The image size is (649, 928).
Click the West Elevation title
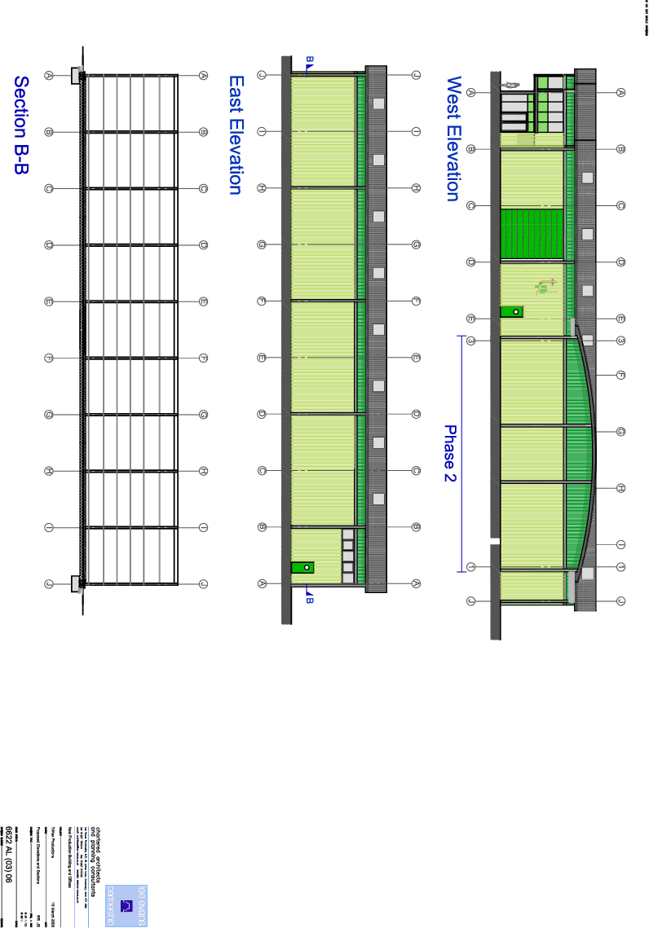coord(454,139)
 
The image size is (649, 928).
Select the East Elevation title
coord(236,135)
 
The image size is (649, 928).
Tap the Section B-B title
coord(22,125)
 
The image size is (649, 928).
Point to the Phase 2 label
coord(449,453)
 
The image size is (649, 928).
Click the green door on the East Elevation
coord(302,567)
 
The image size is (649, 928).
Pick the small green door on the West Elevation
coord(511,311)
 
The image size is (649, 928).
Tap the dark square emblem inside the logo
coord(126,905)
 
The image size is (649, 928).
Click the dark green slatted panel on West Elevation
coord(531,235)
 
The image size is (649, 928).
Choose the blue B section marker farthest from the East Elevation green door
coord(309,60)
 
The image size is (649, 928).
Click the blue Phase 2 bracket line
coord(462,453)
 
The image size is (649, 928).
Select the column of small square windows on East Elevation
coord(347,556)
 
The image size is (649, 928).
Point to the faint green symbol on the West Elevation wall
coord(545,285)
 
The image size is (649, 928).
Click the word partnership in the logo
coord(111,905)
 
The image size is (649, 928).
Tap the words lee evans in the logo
coord(140,905)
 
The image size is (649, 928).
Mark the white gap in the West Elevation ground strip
coord(494,540)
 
